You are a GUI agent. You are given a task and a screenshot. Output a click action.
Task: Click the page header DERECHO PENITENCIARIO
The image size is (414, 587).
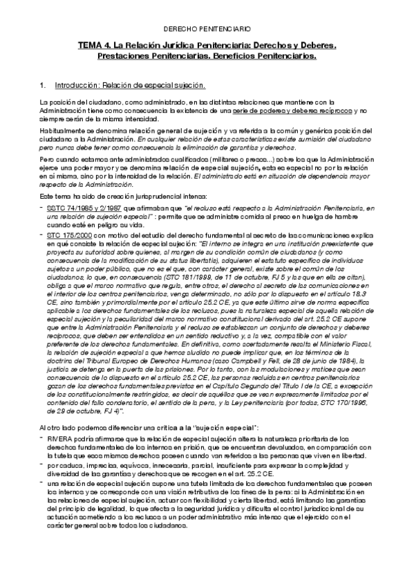(x=207, y=29)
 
